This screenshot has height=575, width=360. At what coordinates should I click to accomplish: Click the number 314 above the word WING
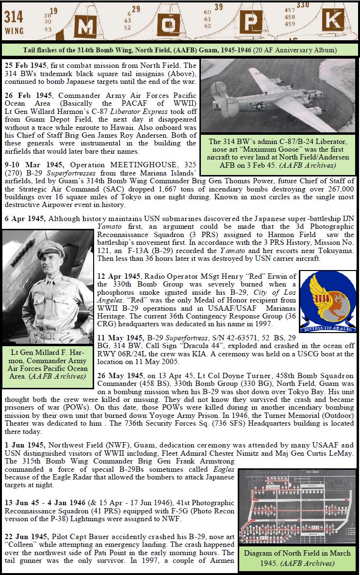[14, 17]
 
